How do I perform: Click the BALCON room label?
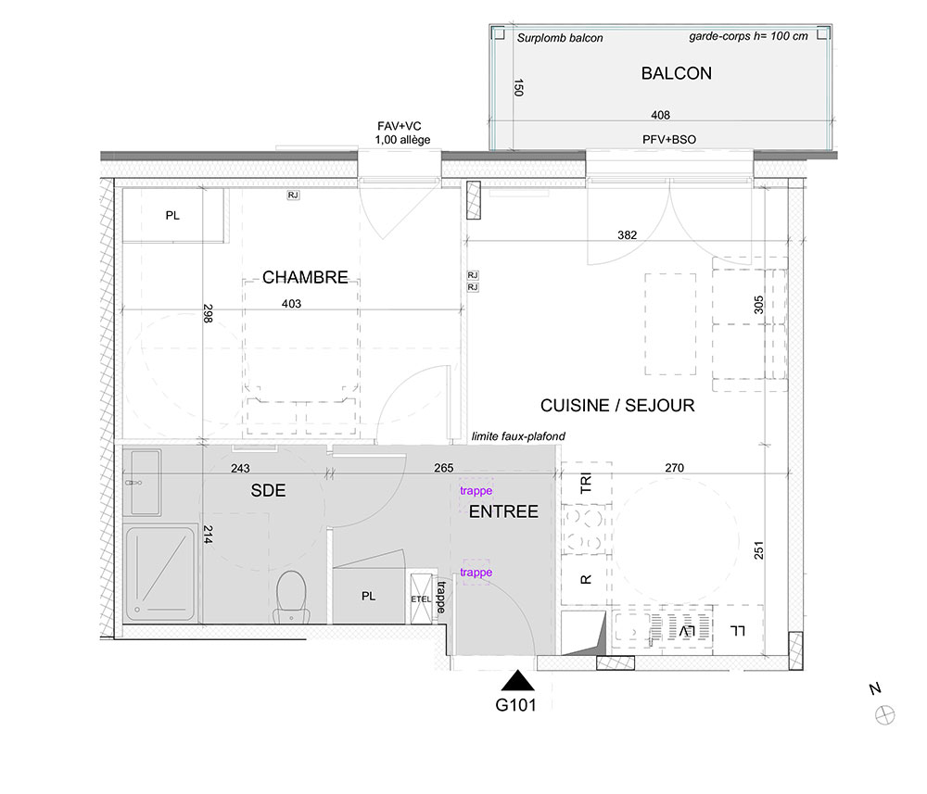pyautogui.click(x=677, y=73)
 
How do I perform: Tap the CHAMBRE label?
pyautogui.click(x=305, y=277)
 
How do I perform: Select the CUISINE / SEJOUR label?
pyautogui.click(x=617, y=405)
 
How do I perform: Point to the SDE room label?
pyautogui.click(x=269, y=490)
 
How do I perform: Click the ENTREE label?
pyautogui.click(x=503, y=511)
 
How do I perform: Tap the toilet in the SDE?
pyautogui.click(x=291, y=597)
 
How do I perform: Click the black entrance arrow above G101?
pyautogui.click(x=518, y=681)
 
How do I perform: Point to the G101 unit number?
pyautogui.click(x=515, y=705)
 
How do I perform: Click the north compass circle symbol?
pyautogui.click(x=885, y=715)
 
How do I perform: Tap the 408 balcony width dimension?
pyautogui.click(x=660, y=115)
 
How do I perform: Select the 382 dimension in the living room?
pyautogui.click(x=628, y=235)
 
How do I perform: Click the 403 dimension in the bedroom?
pyautogui.click(x=291, y=304)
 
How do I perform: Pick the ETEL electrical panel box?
pyautogui.click(x=421, y=599)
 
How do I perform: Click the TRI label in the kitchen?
pyautogui.click(x=585, y=483)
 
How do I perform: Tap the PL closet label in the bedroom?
pyautogui.click(x=172, y=216)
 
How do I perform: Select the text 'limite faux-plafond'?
pyautogui.click(x=518, y=436)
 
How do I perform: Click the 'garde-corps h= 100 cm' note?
pyautogui.click(x=748, y=36)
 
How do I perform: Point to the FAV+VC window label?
pyautogui.click(x=400, y=126)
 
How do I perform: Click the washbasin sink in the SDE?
pyautogui.click(x=143, y=482)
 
